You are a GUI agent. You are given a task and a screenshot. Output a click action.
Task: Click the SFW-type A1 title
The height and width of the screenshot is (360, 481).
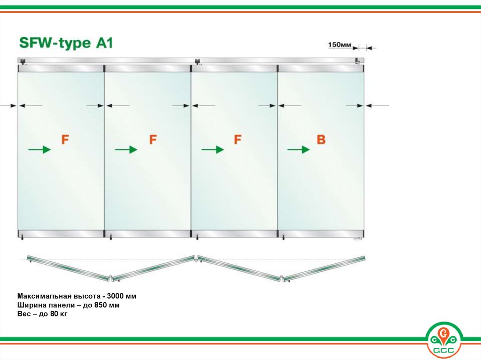click(x=66, y=43)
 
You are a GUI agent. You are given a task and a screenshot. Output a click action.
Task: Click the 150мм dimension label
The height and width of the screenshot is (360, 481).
click(x=340, y=45)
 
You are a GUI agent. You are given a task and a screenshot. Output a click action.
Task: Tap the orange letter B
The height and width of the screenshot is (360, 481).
click(x=321, y=139)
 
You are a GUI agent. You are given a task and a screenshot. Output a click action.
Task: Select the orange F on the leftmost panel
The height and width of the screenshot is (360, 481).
click(x=65, y=139)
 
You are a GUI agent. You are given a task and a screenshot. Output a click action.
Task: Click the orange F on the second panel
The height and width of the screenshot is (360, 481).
click(x=153, y=139)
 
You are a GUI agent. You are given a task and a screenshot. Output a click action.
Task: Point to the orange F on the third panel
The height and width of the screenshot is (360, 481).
click(x=237, y=139)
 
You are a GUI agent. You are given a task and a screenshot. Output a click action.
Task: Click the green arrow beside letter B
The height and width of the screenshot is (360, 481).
click(x=298, y=149)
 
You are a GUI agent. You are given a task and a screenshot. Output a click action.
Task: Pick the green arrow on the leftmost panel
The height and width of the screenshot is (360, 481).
click(x=39, y=149)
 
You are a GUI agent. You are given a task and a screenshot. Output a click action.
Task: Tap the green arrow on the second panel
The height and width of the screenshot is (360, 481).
click(x=126, y=149)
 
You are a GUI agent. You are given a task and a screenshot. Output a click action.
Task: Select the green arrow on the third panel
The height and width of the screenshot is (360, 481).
click(x=213, y=149)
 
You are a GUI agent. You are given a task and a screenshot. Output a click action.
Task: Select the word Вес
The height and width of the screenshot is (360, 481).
click(x=23, y=314)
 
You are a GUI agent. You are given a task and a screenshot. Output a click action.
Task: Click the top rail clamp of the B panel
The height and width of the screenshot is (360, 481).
click(x=321, y=69)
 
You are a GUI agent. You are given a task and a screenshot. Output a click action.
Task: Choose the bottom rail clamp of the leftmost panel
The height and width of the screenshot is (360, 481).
click(x=61, y=233)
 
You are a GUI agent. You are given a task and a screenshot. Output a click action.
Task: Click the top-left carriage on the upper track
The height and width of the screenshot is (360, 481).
click(x=23, y=61)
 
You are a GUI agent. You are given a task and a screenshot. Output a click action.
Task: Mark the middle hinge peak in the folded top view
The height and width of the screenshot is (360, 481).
click(x=196, y=257)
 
